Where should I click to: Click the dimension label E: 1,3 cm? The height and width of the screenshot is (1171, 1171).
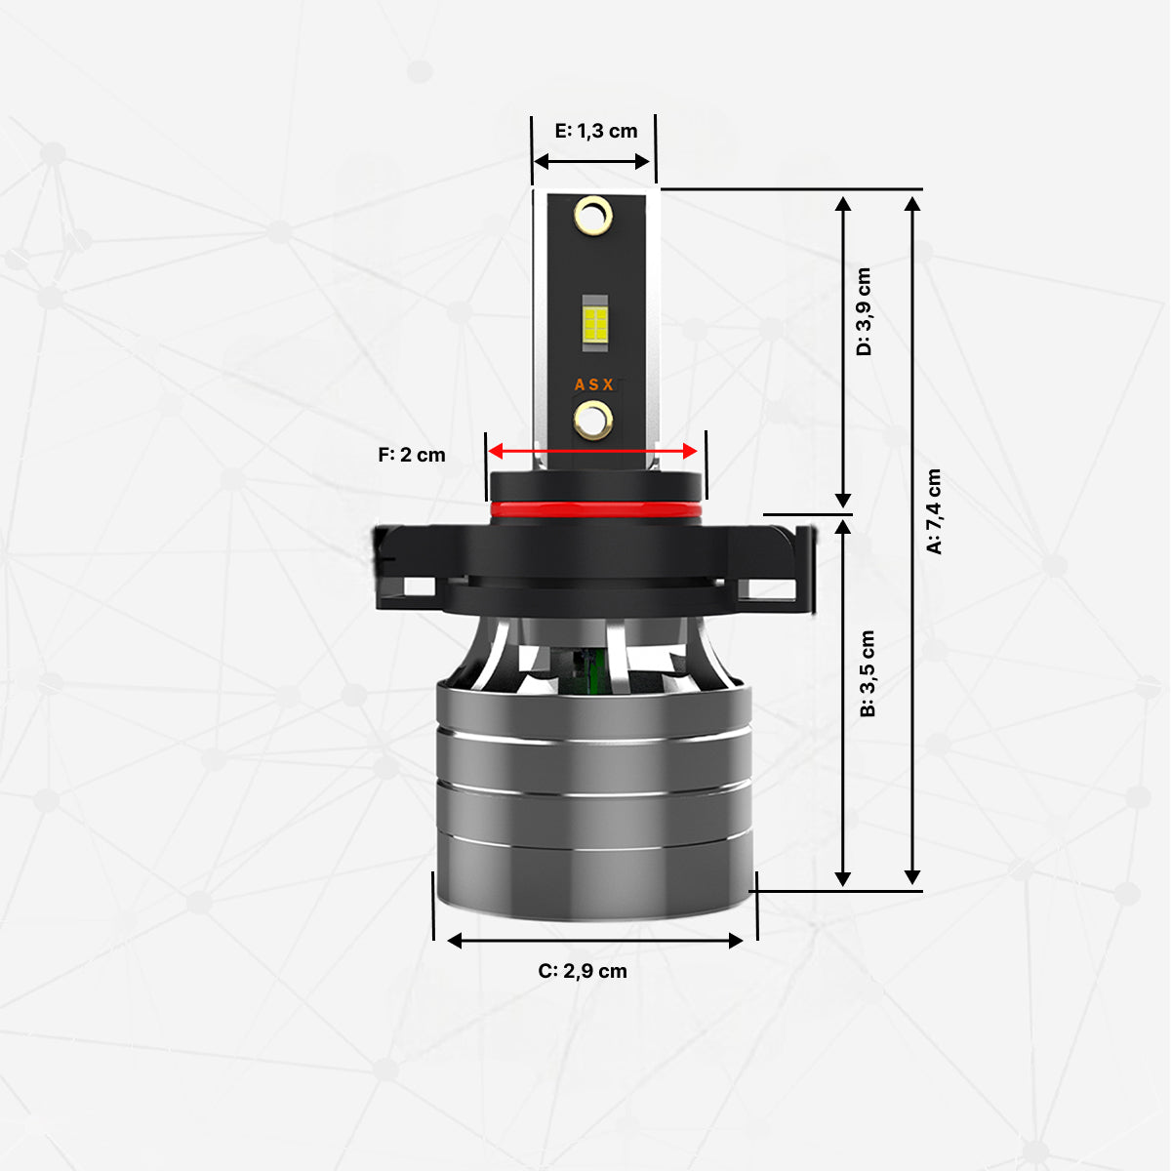(x=595, y=131)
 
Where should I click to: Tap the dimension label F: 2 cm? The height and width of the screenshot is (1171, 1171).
(x=412, y=455)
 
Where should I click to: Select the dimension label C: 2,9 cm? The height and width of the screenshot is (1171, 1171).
(x=583, y=971)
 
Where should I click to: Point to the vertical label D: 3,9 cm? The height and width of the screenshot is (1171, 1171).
(x=864, y=311)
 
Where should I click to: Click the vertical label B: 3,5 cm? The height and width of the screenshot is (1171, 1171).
(x=868, y=673)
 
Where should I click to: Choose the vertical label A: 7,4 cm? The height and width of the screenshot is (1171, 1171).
(x=934, y=511)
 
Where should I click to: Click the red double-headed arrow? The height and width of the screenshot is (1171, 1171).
(x=593, y=451)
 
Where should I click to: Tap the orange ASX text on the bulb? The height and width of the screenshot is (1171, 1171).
(x=593, y=384)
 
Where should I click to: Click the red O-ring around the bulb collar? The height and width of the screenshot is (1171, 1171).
(x=595, y=509)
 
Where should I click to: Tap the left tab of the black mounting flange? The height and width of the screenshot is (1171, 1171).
(x=405, y=571)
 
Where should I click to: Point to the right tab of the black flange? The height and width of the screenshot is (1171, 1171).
(x=781, y=571)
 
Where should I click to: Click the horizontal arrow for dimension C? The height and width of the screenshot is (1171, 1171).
(x=595, y=940)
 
